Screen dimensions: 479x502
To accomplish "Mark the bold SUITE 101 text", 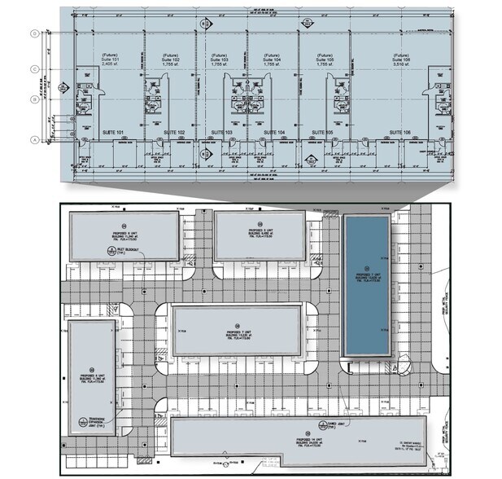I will tap(111, 131).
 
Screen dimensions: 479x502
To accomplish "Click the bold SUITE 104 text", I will tap(275, 131).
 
